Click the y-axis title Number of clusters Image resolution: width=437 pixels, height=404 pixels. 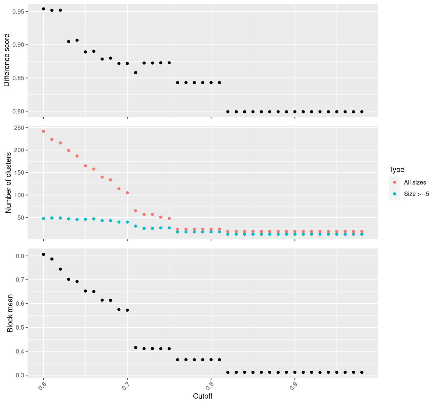[x=9, y=183]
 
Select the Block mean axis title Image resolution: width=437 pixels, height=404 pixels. [x=10, y=313]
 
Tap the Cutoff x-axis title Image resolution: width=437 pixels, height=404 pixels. [x=203, y=396]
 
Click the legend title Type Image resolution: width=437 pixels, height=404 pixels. [x=396, y=169]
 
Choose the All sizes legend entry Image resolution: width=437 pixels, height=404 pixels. [x=415, y=182]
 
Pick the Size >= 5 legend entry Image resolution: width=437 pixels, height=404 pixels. [x=416, y=194]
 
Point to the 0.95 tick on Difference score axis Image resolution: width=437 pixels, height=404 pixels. [x=19, y=12]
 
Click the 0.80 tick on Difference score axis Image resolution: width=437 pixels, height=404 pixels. [x=19, y=111]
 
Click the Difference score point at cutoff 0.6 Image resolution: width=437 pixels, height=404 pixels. [x=43, y=9]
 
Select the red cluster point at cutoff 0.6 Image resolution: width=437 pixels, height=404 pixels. [x=43, y=131]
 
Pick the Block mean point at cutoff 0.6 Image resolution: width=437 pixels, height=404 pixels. [x=43, y=255]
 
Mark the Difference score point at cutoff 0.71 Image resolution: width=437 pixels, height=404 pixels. [x=136, y=73]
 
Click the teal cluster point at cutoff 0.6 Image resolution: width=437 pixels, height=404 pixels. [x=43, y=218]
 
